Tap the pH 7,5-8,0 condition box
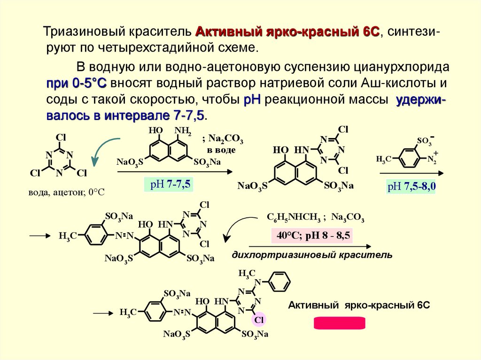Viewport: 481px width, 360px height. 411,187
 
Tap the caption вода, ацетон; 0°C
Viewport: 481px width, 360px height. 65,192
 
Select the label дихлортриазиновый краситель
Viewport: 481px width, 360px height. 311,255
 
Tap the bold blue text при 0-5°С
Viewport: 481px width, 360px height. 77,84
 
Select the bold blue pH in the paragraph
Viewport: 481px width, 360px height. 253,100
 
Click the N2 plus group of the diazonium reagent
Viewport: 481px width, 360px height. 432,159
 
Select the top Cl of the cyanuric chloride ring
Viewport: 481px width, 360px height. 61,138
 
